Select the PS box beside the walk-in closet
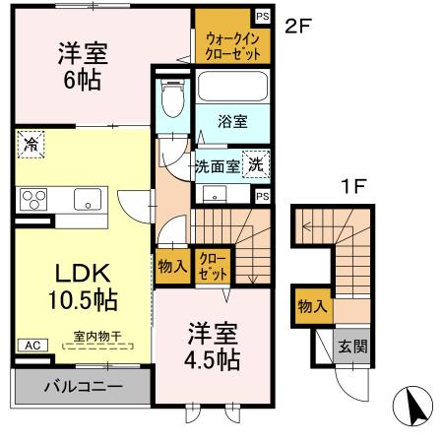pos(263,16)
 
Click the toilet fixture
pos(172,95)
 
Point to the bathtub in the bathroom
pos(232,86)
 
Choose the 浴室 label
pos(232,122)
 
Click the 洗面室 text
pos(216,167)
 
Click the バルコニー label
pos(82,387)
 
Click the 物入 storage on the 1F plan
pos(313,306)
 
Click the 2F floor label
pos(298,27)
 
